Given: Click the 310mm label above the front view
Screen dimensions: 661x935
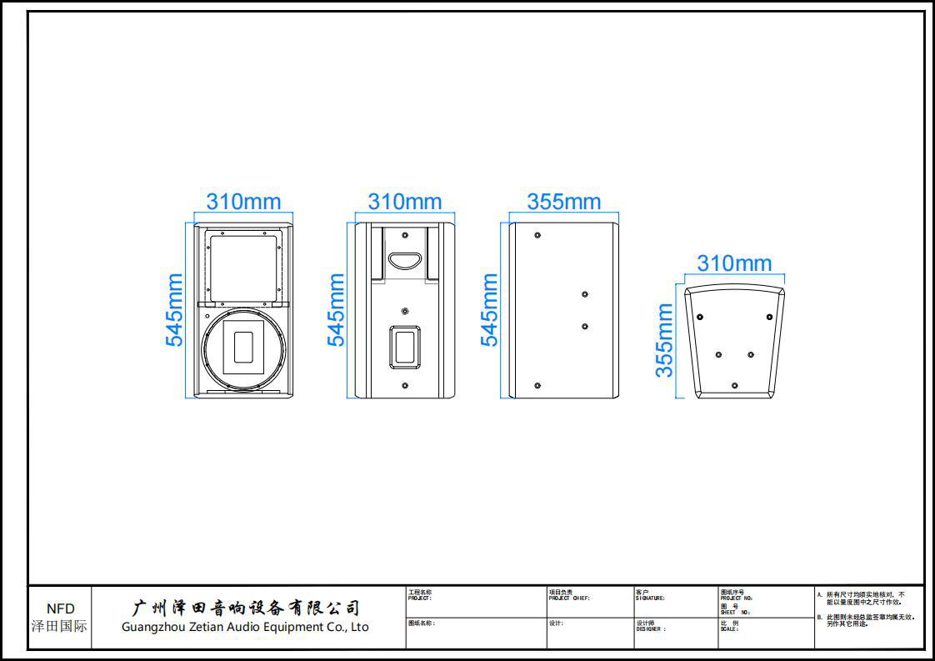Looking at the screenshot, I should pos(243,202).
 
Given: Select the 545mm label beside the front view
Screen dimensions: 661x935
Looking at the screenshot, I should pos(174,309).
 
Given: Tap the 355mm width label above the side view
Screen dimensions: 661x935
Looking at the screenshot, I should pos(563,202).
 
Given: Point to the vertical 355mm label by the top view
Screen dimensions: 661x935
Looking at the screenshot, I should pos(664,340).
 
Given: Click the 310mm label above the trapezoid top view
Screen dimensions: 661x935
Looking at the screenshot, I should pos(734,263).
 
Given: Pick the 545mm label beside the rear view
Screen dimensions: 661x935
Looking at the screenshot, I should pos(336,309).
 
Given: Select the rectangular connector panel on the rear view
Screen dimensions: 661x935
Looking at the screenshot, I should pos(405,347).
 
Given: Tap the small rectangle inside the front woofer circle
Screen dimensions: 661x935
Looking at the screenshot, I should pos(243,347).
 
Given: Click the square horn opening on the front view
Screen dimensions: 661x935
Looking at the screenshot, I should pos(242,268).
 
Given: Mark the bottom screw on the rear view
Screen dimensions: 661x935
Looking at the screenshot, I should pos(405,386).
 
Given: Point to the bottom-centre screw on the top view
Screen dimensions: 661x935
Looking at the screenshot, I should pos(734,385).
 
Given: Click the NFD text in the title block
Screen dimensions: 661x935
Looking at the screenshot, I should pos(60,609).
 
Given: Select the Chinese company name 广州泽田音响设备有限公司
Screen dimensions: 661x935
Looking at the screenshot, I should pos(247,608).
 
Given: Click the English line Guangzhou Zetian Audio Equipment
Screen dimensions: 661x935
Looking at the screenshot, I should pos(245,628).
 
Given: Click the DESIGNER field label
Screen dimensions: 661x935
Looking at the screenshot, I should pos(651,628).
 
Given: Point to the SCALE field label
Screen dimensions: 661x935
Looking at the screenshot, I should pos(729,628).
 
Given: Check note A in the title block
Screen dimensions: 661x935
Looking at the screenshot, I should pos(867,598).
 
